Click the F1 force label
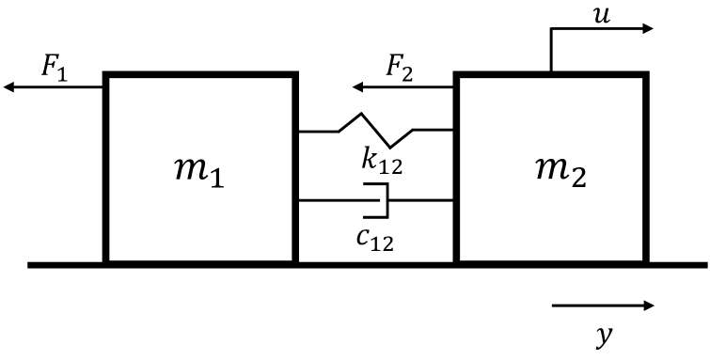pyautogui.click(x=54, y=69)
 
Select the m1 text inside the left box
pyautogui.click(x=198, y=172)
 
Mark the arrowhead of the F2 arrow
pyautogui.click(x=358, y=88)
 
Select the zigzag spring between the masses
pyautogui.click(x=376, y=131)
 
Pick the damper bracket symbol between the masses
pyautogui.click(x=379, y=199)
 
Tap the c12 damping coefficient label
pyautogui.click(x=374, y=241)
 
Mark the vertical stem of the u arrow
pyautogui.click(x=551, y=51)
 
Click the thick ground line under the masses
pyautogui.click(x=367, y=265)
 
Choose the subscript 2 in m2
pyautogui.click(x=576, y=180)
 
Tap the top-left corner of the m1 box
pyautogui.click(x=106, y=74)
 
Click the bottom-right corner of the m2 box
pyautogui.click(x=645, y=262)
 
